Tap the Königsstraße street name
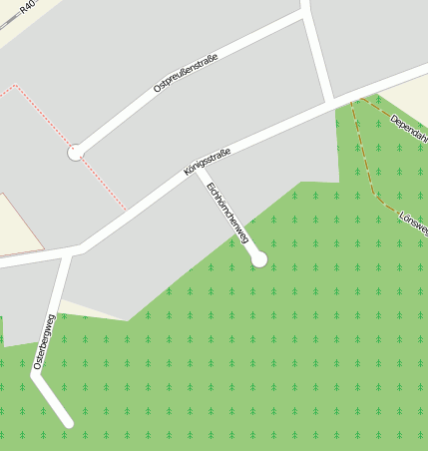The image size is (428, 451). pos(208,161)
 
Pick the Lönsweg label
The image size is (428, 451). pos(413,223)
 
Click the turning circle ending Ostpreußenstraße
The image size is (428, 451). pos(76,153)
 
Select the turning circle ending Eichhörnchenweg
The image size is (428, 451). pos(259,259)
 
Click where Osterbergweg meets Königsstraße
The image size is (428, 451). pos(70,251)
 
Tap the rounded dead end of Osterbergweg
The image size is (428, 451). pos(69,423)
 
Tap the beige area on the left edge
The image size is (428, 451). pos(15,225)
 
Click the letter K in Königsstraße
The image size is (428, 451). pos(188,174)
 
